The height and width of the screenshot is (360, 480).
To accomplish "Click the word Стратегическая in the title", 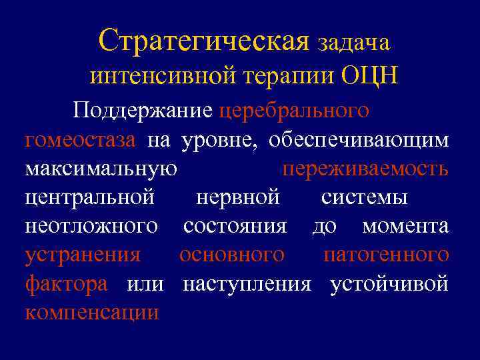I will point(204,41).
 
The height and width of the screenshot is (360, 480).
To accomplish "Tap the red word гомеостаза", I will point(80,140).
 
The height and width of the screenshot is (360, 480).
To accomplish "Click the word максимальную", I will point(101,169).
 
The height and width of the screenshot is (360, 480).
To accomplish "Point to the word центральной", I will point(90,197).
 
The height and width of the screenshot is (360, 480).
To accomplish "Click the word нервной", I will point(238,197).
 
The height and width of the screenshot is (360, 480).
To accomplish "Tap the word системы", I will point(364,197).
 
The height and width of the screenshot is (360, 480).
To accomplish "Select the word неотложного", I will point(91,226).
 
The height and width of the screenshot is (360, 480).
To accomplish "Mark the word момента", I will point(405,226).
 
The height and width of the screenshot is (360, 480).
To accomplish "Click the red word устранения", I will point(83,255).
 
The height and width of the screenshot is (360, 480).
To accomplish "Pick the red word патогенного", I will point(386,255).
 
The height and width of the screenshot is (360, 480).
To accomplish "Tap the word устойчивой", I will point(389,283).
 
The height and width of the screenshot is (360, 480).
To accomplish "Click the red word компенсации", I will point(92,312).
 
